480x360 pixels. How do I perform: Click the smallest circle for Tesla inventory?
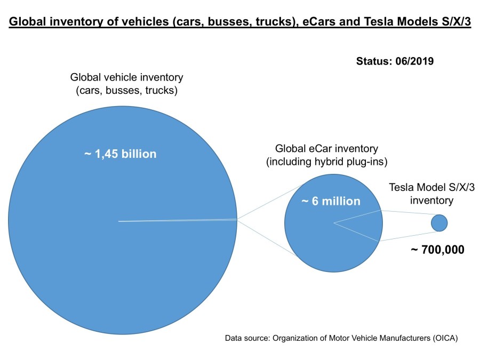pyautogui.click(x=439, y=223)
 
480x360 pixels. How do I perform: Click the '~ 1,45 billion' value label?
pyautogui.click(x=121, y=154)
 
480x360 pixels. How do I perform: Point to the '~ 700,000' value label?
pyautogui.click(x=437, y=249)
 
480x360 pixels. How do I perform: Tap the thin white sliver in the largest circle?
pyautogui.click(x=176, y=220)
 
